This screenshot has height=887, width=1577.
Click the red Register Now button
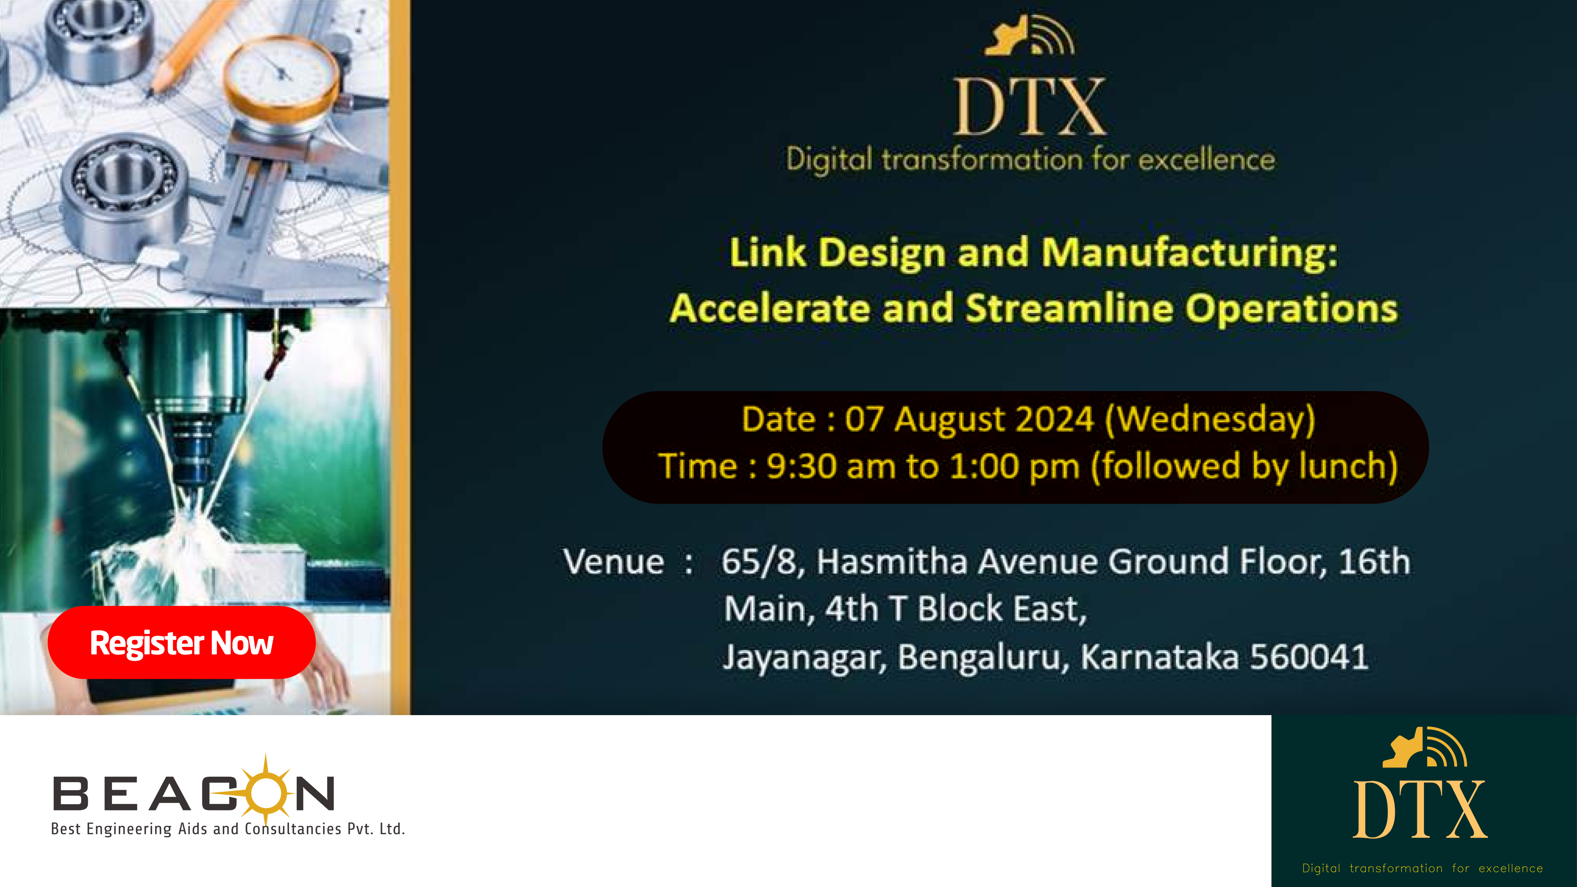[182, 642]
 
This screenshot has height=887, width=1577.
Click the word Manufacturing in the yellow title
[1189, 252]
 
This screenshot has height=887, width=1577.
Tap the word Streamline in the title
[1069, 307]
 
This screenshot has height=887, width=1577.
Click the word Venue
[613, 562]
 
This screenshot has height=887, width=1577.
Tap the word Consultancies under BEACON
[293, 829]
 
